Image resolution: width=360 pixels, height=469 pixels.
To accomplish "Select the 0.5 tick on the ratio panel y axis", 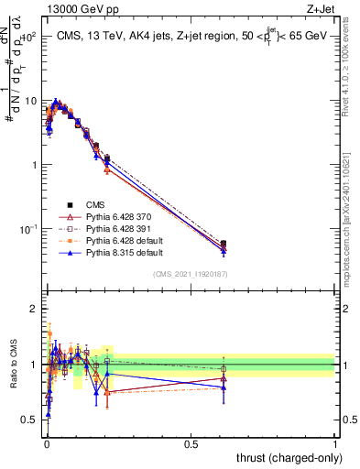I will click(31, 420).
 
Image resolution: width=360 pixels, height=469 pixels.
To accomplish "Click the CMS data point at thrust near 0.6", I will click(224, 244).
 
